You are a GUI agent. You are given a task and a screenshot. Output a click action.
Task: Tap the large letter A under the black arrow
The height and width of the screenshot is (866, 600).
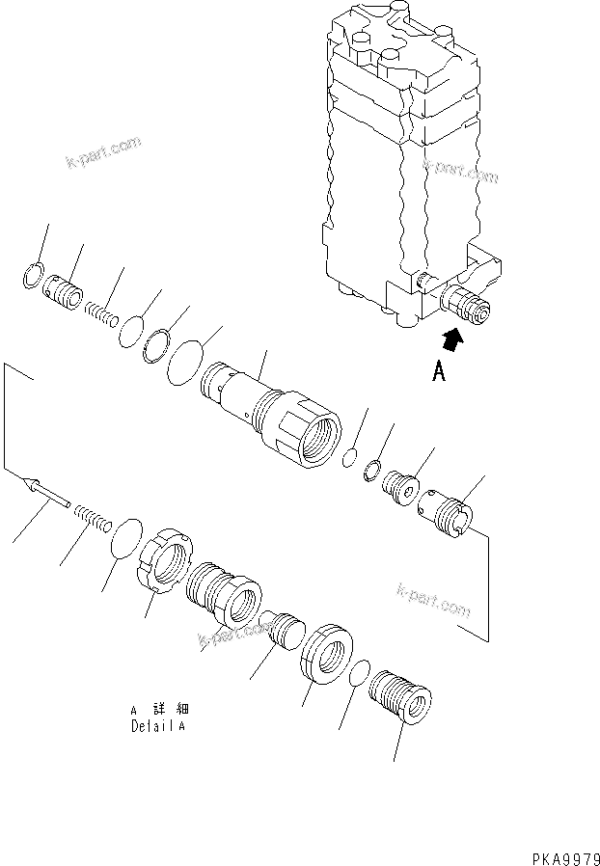pyautogui.click(x=439, y=371)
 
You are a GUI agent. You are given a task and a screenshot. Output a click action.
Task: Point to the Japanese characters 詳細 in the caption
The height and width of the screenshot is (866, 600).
pyautogui.click(x=165, y=711)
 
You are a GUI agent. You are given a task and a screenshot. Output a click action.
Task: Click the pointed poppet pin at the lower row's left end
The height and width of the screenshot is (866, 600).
pyautogui.click(x=46, y=491)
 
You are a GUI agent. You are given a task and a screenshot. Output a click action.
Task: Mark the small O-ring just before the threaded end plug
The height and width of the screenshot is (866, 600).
pyautogui.click(x=358, y=673)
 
